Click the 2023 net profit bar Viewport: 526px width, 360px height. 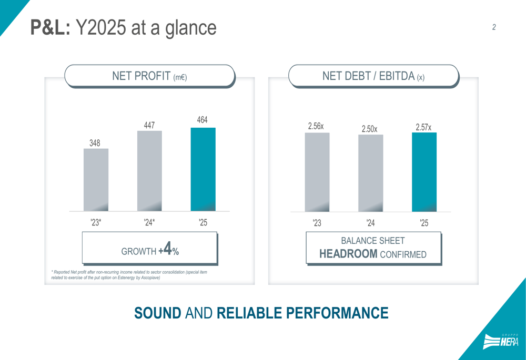(x=96, y=180)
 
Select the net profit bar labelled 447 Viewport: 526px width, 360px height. (x=149, y=171)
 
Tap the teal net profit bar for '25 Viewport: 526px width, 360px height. (x=203, y=169)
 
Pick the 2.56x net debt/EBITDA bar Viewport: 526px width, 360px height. (x=317, y=172)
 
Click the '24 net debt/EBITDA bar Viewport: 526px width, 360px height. (x=371, y=173)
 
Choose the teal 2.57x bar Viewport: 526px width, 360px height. (x=424, y=172)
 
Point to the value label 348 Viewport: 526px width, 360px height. (x=95, y=143)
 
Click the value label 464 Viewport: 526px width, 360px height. (x=203, y=120)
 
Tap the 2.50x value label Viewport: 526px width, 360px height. (x=369, y=129)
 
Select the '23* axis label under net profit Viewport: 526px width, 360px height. (x=96, y=223)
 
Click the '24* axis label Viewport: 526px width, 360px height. (x=149, y=223)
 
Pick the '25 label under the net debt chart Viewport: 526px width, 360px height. (x=424, y=223)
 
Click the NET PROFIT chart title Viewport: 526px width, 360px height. (x=149, y=76)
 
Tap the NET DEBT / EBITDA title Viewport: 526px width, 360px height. (x=373, y=76)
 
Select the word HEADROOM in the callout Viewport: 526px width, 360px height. (x=348, y=254)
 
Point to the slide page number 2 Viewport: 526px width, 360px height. (x=494, y=27)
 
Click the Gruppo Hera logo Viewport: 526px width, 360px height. (x=501, y=342)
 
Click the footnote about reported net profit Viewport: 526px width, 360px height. (x=129, y=275)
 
